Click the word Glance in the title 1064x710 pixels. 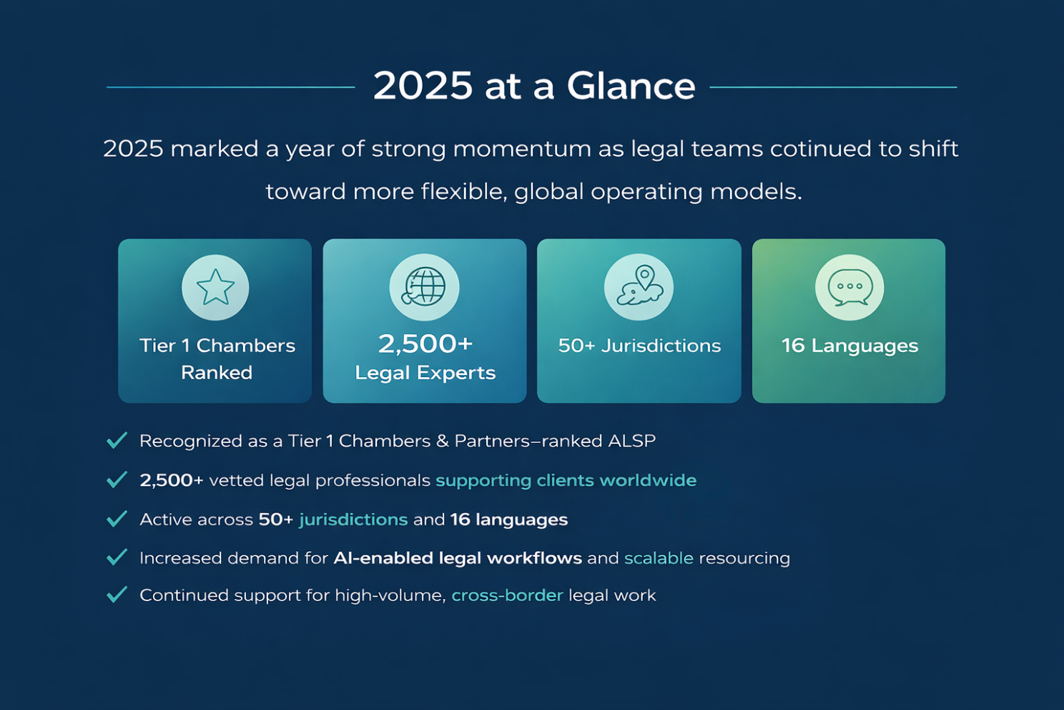click(x=631, y=86)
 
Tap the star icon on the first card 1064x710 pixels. click(x=215, y=287)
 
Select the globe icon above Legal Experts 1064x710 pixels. click(x=424, y=287)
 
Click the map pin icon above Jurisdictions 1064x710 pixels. click(x=639, y=286)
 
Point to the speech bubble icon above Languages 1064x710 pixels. click(x=849, y=287)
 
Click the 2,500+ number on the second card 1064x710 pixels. click(x=425, y=344)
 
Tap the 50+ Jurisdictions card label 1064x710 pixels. click(x=639, y=346)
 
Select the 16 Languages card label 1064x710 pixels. click(x=849, y=346)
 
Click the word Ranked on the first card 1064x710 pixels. click(x=217, y=373)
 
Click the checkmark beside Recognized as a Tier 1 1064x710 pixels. click(x=117, y=440)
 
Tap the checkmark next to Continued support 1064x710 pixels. click(x=117, y=595)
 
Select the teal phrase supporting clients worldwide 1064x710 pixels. click(x=566, y=481)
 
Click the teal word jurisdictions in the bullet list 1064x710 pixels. click(x=353, y=520)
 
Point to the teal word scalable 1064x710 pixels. click(x=659, y=558)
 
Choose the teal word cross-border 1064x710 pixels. click(x=507, y=595)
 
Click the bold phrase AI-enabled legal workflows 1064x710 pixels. click(x=458, y=558)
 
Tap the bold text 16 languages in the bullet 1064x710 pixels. click(x=509, y=520)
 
